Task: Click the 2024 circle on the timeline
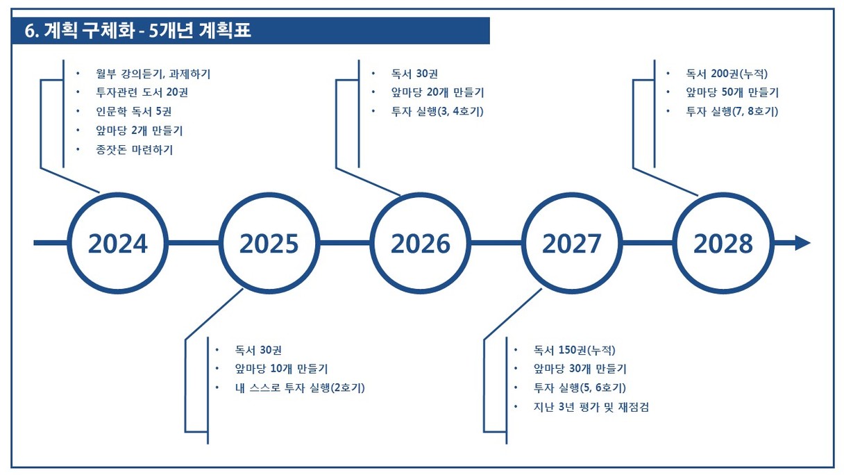click(117, 243)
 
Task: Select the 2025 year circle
click(269, 243)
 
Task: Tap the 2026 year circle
click(421, 243)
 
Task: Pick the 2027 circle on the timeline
click(572, 243)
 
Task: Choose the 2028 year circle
click(723, 243)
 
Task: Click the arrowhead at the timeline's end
click(802, 243)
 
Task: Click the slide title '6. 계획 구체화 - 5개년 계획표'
click(137, 31)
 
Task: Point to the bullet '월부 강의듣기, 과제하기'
click(153, 74)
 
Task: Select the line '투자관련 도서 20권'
click(142, 93)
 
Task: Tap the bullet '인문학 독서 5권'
click(134, 112)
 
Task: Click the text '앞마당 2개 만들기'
click(139, 131)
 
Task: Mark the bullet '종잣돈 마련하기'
click(134, 150)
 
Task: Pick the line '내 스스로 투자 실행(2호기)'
click(300, 387)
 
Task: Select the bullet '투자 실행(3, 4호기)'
click(437, 112)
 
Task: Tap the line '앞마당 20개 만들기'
click(437, 93)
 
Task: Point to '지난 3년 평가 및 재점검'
click(591, 407)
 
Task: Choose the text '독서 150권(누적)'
click(574, 350)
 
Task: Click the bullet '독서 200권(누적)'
click(727, 74)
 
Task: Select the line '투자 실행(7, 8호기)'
click(732, 112)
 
